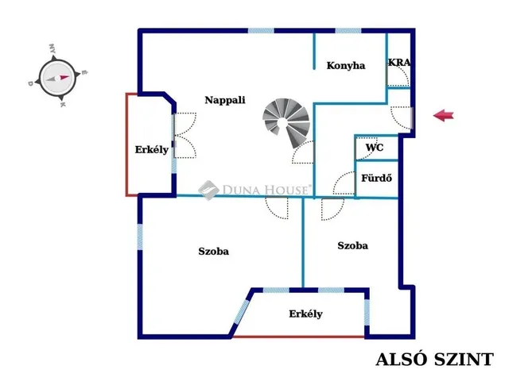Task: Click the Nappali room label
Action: tap(225, 100)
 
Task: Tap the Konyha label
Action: tap(346, 66)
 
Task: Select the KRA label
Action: tap(399, 62)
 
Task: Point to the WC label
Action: tap(375, 148)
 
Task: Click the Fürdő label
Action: tap(376, 178)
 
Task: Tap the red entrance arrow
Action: tap(444, 115)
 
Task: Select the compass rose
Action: tap(58, 78)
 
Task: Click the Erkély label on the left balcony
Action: tap(152, 150)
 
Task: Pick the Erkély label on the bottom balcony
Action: tap(305, 314)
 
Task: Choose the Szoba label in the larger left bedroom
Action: tap(213, 251)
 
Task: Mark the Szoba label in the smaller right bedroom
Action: tap(352, 245)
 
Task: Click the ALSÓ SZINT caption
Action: tap(434, 360)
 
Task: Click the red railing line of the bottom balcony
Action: tap(299, 337)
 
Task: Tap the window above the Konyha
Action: tap(348, 31)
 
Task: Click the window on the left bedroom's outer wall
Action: tap(140, 237)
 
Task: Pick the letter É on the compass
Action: tap(84, 72)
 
